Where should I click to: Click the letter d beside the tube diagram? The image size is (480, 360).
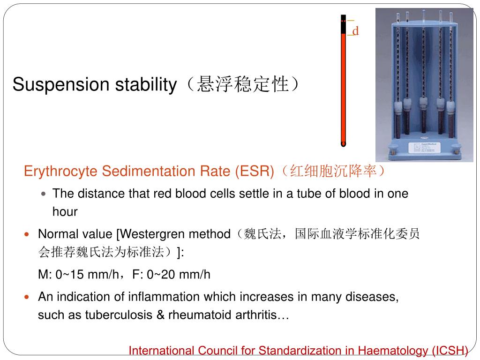coord(355,31)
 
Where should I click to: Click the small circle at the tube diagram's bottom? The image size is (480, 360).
coord(343,144)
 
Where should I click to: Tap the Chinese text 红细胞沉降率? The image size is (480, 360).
coord(334,172)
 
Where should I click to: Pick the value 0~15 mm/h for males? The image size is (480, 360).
coord(87,275)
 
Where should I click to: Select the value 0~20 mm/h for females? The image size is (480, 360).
coord(179,275)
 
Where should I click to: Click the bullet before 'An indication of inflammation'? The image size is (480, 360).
coord(27,297)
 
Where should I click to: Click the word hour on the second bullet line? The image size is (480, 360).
coord(65,212)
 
